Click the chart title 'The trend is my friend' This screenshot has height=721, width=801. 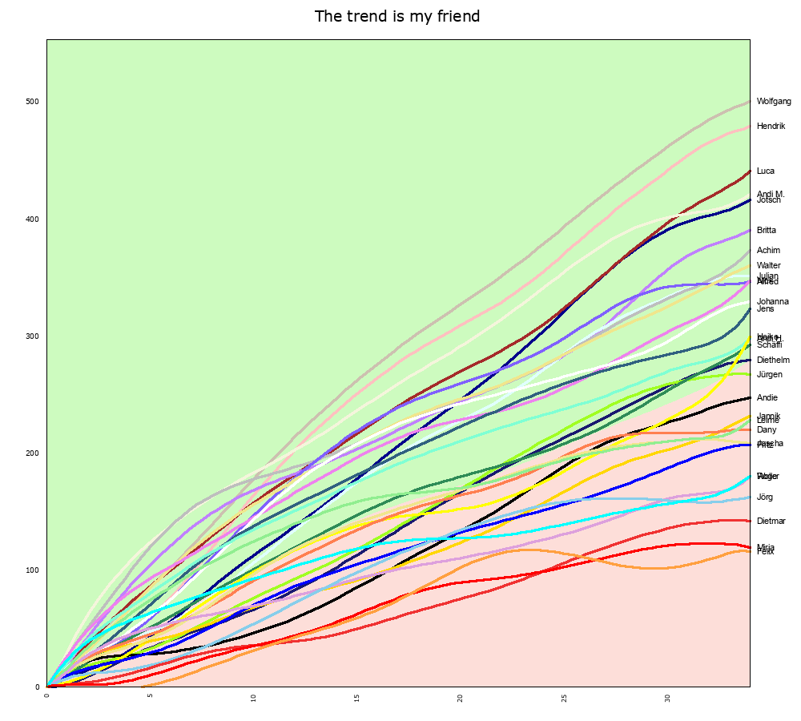(397, 17)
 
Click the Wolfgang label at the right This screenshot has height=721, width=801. (774, 102)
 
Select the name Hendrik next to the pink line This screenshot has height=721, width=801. (771, 127)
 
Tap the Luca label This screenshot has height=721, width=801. (765, 171)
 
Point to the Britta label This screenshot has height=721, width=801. (766, 231)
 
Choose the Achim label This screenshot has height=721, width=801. (767, 251)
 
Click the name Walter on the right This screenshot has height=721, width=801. (768, 266)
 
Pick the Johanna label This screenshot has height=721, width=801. (772, 302)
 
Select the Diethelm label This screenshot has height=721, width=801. (773, 360)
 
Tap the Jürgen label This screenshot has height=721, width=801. (769, 375)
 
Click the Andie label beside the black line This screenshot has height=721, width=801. (767, 398)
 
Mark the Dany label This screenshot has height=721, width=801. (766, 430)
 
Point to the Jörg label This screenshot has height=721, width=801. (764, 497)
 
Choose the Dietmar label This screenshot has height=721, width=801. (771, 522)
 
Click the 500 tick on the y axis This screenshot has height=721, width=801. (33, 102)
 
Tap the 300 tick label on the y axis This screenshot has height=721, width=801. (33, 336)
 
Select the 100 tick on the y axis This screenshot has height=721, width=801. (33, 570)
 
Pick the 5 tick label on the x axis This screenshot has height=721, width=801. (150, 697)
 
